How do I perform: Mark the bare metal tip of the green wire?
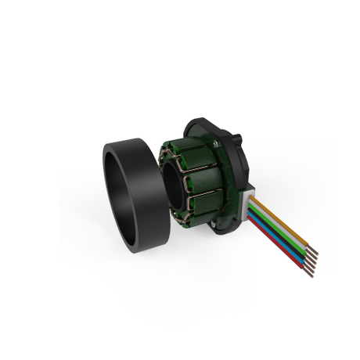click(311, 261)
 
